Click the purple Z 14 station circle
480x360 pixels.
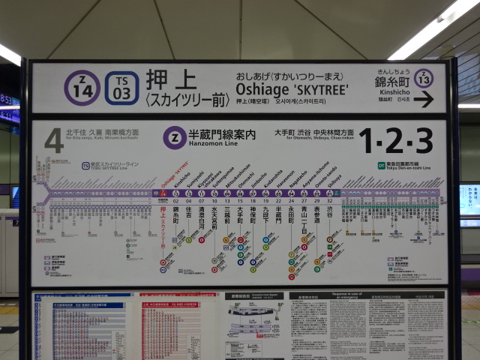coord(82,88)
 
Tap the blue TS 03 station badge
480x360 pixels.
coord(121,88)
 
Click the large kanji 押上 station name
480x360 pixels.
coord(171,80)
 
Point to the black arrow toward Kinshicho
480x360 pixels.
coord(423,99)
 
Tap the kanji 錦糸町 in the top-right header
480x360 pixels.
coord(392,82)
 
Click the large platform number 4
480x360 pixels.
coord(53,140)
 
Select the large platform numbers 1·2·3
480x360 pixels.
coord(395,140)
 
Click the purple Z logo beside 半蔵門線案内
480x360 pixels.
coord(174,136)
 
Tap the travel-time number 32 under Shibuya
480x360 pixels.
coord(329,201)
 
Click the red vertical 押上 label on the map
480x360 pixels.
coord(163,222)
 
